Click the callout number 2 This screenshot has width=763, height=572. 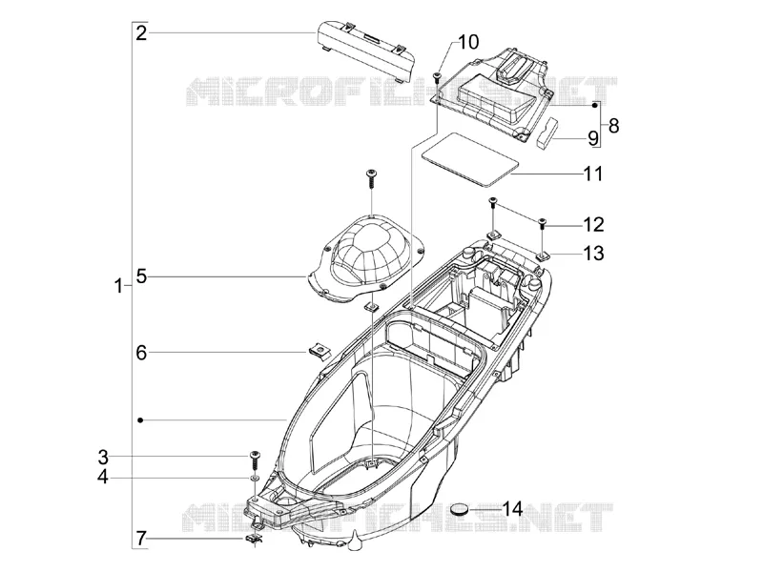[141, 33]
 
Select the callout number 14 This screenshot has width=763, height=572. [512, 509]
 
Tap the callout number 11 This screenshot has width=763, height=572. [593, 174]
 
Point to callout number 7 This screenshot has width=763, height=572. [140, 539]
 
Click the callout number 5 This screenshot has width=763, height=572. [141, 276]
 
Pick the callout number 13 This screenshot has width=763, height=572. [593, 253]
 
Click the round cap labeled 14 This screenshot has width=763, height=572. [460, 509]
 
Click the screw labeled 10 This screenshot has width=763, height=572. [436, 76]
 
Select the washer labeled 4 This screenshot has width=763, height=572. [254, 479]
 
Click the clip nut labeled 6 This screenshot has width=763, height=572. [319, 350]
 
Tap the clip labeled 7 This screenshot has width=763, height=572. [252, 539]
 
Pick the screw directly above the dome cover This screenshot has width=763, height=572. [371, 179]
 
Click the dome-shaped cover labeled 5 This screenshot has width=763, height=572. [365, 257]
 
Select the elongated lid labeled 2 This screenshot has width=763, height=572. [366, 51]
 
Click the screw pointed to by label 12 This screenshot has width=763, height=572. [542, 224]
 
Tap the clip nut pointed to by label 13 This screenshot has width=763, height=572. [542, 255]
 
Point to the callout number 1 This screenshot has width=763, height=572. [118, 286]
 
